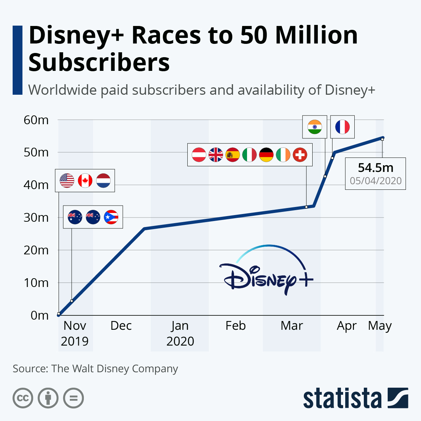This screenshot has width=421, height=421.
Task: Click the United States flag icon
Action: pyautogui.click(x=67, y=181)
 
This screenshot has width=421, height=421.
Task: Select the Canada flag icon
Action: pyautogui.click(x=85, y=181)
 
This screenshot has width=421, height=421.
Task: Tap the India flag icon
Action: pyautogui.click(x=315, y=127)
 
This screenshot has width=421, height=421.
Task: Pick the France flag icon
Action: pyautogui.click(x=342, y=127)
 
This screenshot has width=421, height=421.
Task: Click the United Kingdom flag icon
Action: pyautogui.click(x=216, y=155)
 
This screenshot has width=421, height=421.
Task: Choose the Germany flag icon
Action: pyautogui.click(x=266, y=155)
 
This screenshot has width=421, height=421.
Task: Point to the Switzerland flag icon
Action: pyautogui.click(x=300, y=155)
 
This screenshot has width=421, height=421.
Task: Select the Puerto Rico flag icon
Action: pyautogui.click(x=111, y=217)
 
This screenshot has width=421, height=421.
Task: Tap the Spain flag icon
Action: pyautogui.click(x=233, y=155)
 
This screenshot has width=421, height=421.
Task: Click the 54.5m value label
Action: pyautogui.click(x=375, y=168)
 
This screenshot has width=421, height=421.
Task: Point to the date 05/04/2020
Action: pyautogui.click(x=375, y=181)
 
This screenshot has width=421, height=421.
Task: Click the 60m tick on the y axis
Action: pyautogui.click(x=36, y=120)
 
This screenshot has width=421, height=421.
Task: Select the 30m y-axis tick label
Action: pyautogui.click(x=36, y=218)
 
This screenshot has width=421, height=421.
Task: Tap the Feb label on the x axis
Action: pyautogui.click(x=235, y=326)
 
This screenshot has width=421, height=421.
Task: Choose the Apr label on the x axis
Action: pyautogui.click(x=347, y=326)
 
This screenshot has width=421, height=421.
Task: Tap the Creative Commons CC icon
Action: pyautogui.click(x=23, y=398)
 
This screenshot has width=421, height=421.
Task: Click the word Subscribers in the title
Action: pyautogui.click(x=99, y=62)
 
